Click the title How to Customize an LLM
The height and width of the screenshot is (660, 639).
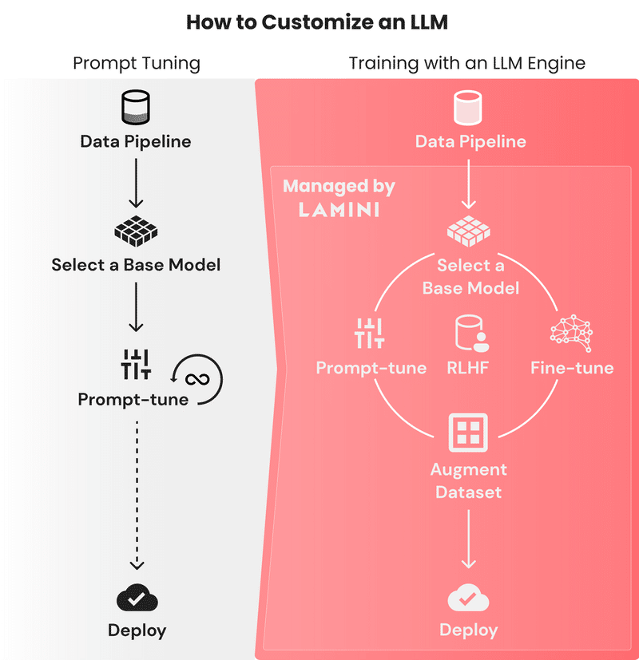[317, 22]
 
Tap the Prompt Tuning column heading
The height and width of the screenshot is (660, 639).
[137, 63]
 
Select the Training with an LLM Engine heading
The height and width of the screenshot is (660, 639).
[467, 63]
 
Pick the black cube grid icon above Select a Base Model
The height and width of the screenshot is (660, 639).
[136, 231]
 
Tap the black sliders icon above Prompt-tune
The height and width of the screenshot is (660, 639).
[136, 365]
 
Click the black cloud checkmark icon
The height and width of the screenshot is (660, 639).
[136, 598]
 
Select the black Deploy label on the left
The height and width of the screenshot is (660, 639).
[137, 630]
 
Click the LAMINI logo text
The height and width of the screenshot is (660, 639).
[339, 210]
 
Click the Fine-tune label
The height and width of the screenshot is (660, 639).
[572, 368]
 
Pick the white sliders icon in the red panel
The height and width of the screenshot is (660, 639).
[370, 333]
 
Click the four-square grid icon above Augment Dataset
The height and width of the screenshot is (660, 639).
[468, 433]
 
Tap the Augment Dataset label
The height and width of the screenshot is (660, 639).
[468, 480]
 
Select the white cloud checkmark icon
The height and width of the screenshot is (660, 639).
[468, 598]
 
